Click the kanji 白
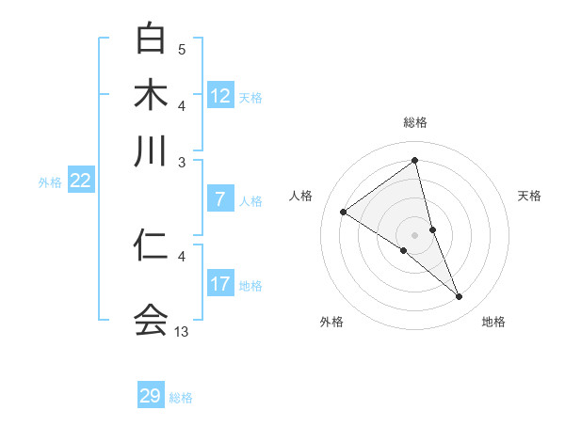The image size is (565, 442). click(151, 39)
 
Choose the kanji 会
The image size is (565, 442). click(151, 320)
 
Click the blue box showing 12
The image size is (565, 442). click(220, 96)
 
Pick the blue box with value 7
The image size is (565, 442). click(220, 199)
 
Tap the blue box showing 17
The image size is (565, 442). click(220, 284)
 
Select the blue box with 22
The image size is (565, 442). click(80, 182)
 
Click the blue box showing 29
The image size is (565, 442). click(151, 396)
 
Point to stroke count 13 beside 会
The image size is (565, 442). click(182, 331)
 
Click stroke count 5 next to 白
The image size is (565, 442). click(182, 49)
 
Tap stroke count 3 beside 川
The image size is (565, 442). click(182, 162)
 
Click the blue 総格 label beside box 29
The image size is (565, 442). click(181, 398)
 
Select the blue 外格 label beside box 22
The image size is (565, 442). click(50, 182)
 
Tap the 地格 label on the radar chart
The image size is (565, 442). click(493, 322)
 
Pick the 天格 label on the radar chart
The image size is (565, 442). click(530, 196)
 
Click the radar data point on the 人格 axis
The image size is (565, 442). click(343, 212)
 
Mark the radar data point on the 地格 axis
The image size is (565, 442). click(460, 297)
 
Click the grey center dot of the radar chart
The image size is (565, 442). click(415, 234)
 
